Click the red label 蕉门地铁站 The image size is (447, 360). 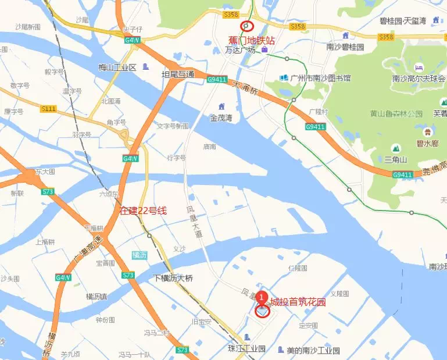coord(251,40)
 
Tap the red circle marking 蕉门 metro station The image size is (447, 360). coord(247,26)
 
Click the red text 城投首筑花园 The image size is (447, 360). coord(298,302)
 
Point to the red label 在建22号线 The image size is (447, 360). coord(143,211)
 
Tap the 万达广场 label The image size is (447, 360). coord(240,51)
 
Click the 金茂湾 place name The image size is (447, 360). coord(221,117)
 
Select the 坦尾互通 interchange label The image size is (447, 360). coord(177,74)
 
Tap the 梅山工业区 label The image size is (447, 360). coord(117,67)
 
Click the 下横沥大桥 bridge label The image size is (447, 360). coord(173,278)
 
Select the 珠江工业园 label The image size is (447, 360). coord(246,349)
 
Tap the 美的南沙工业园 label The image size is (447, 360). coord(313,351)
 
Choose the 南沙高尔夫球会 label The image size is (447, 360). coord(419,79)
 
